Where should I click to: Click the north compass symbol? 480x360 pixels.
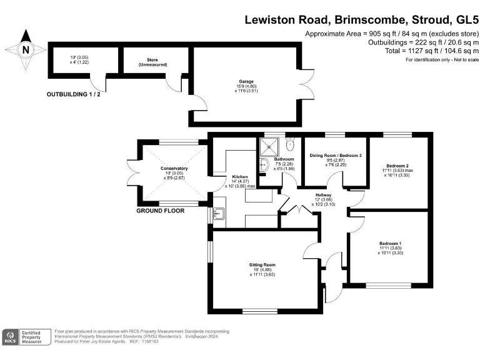(x=25, y=49)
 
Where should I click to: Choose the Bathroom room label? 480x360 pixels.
(x=284, y=159)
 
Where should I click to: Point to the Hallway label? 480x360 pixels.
(x=323, y=196)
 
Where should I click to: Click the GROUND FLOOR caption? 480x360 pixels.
(x=161, y=211)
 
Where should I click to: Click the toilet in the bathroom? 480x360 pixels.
(x=289, y=145)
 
